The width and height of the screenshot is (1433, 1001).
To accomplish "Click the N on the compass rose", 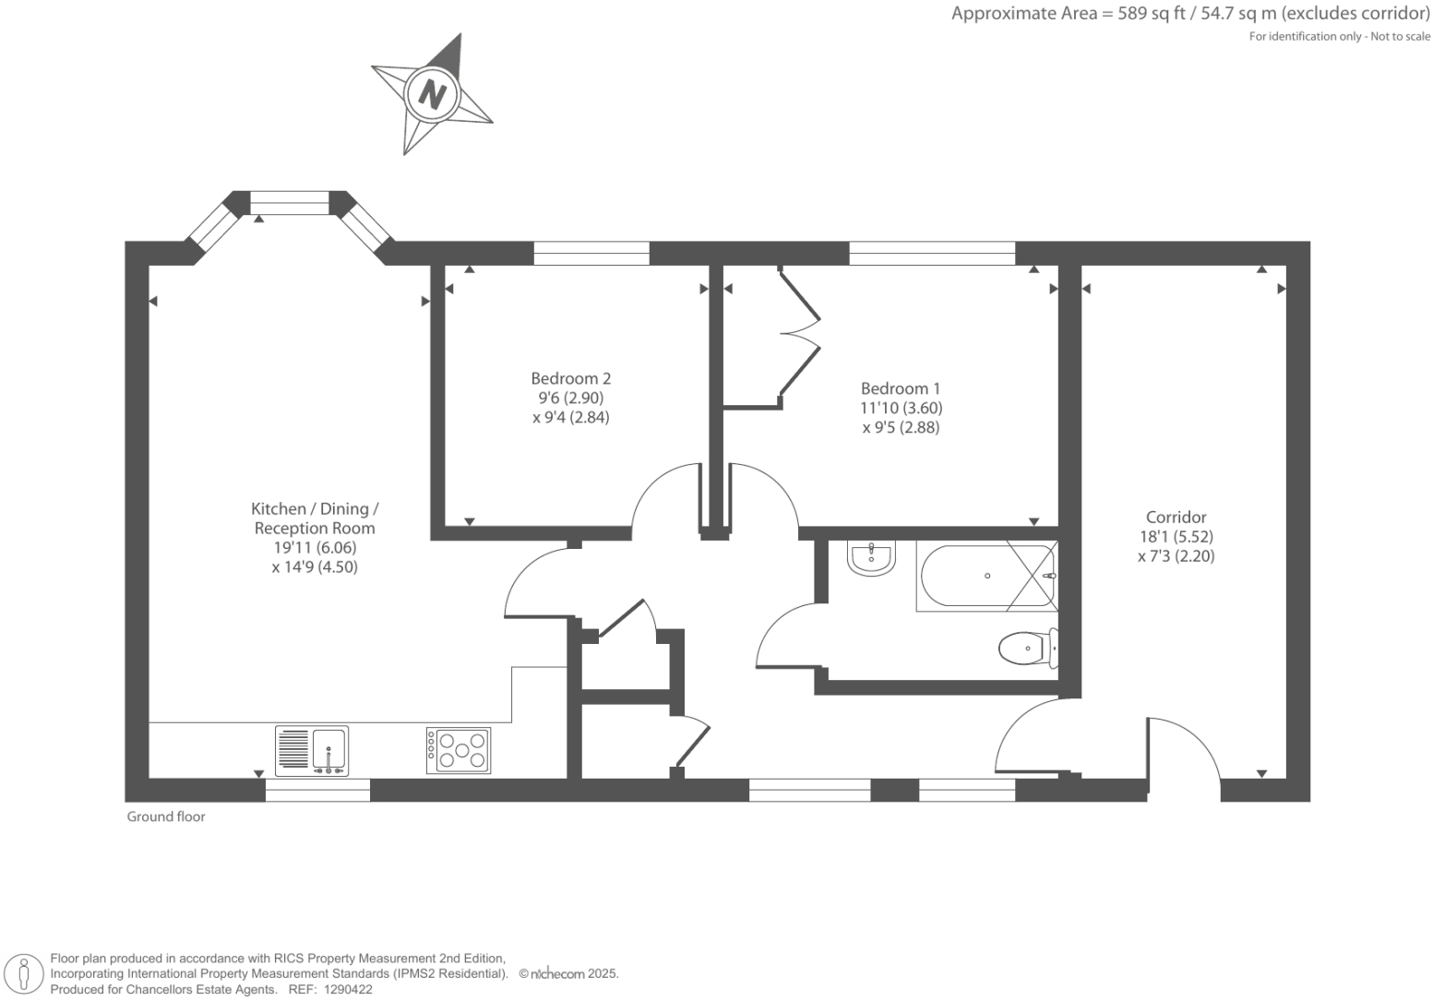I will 431,94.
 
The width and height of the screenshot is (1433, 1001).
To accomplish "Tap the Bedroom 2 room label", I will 570,378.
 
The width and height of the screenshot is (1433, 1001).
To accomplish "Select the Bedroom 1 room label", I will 901,388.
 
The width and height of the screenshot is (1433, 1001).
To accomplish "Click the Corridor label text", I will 1176,518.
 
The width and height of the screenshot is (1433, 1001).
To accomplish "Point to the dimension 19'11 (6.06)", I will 314,548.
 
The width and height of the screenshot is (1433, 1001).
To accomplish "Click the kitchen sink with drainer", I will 312,750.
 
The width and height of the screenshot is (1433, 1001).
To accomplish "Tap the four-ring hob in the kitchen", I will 459,750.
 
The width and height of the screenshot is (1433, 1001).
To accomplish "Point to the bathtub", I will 985,577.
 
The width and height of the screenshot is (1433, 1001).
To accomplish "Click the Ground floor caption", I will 166,816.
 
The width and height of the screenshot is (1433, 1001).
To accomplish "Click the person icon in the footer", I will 24,974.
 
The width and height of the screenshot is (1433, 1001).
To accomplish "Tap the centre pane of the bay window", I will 290,203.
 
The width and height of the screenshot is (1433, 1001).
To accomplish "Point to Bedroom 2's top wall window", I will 591,253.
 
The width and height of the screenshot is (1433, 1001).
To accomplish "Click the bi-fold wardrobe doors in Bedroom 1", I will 799,338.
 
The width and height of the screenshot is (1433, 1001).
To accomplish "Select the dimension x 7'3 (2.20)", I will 1176,556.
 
